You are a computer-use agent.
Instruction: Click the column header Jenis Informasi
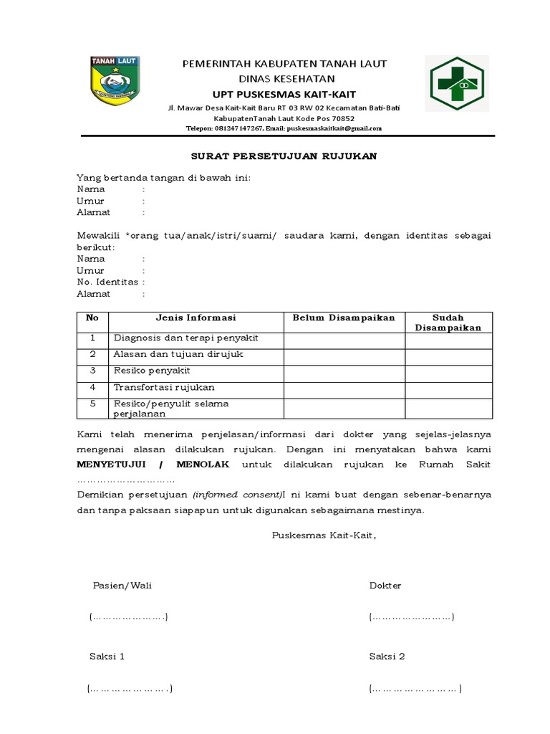click(x=196, y=318)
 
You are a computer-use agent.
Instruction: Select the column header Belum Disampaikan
click(x=344, y=318)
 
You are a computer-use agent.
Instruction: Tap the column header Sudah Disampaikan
click(x=448, y=323)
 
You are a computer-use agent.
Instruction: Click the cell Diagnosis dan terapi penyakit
click(x=185, y=338)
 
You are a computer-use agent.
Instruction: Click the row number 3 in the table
click(x=92, y=371)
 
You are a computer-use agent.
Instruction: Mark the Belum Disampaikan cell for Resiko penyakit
click(x=344, y=371)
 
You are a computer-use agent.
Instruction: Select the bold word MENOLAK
click(x=203, y=464)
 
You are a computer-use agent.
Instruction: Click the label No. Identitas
click(x=107, y=282)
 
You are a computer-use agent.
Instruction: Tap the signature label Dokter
click(x=385, y=586)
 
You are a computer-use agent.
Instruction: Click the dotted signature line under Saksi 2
click(x=415, y=689)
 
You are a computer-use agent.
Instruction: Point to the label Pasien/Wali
click(x=122, y=586)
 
